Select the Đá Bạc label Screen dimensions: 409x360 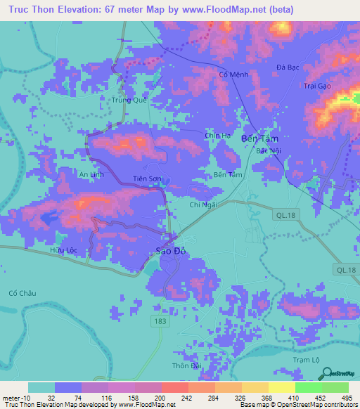click(288, 67)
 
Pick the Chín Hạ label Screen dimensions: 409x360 click(217, 136)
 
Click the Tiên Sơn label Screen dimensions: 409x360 click(148, 179)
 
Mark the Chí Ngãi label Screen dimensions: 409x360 click(203, 204)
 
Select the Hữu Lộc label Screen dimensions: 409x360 click(63, 250)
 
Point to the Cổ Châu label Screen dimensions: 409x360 click(21, 293)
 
